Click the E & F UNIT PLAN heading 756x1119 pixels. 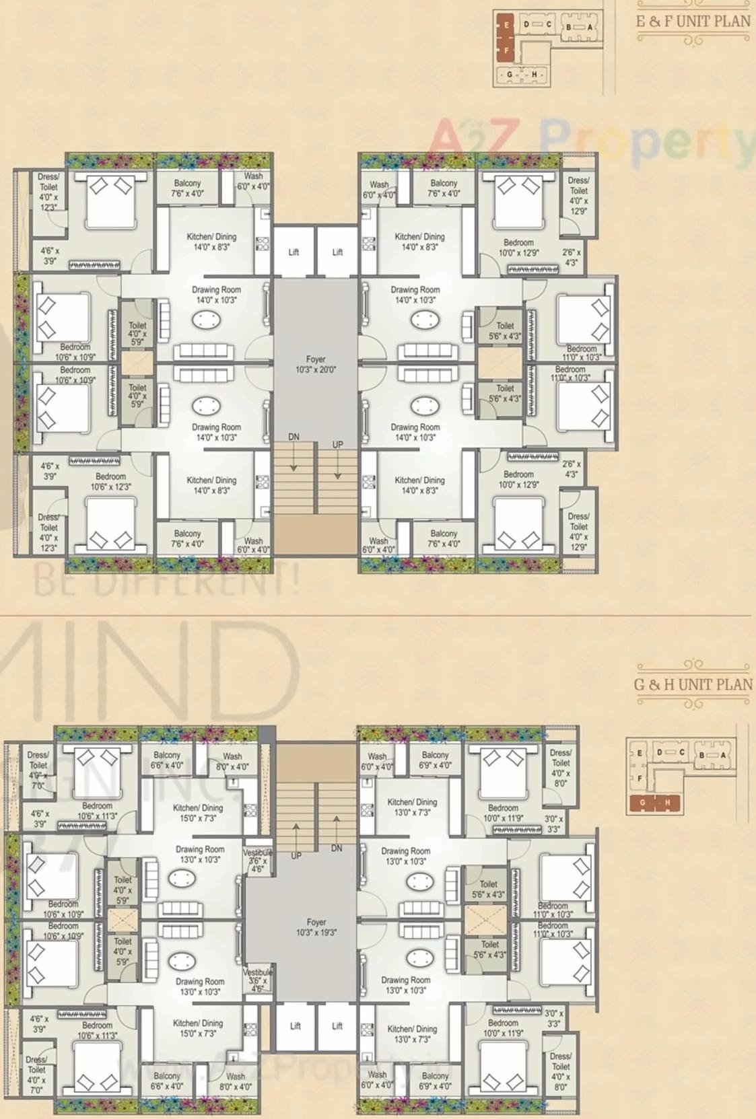coord(693,21)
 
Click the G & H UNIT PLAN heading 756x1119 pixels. coord(693,684)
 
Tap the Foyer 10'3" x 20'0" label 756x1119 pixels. coord(316,365)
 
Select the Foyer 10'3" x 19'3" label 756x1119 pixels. coord(316,927)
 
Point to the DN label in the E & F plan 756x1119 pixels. coord(294,437)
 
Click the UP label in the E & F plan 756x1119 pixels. coord(337,445)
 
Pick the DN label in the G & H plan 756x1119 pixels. coord(337,849)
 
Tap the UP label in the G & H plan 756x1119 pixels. coord(296,856)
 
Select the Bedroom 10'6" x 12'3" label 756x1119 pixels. coord(110,481)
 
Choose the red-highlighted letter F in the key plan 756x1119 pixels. coord(506,50)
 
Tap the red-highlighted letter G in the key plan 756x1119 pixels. coord(642,802)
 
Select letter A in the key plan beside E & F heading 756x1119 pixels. coord(590,27)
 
